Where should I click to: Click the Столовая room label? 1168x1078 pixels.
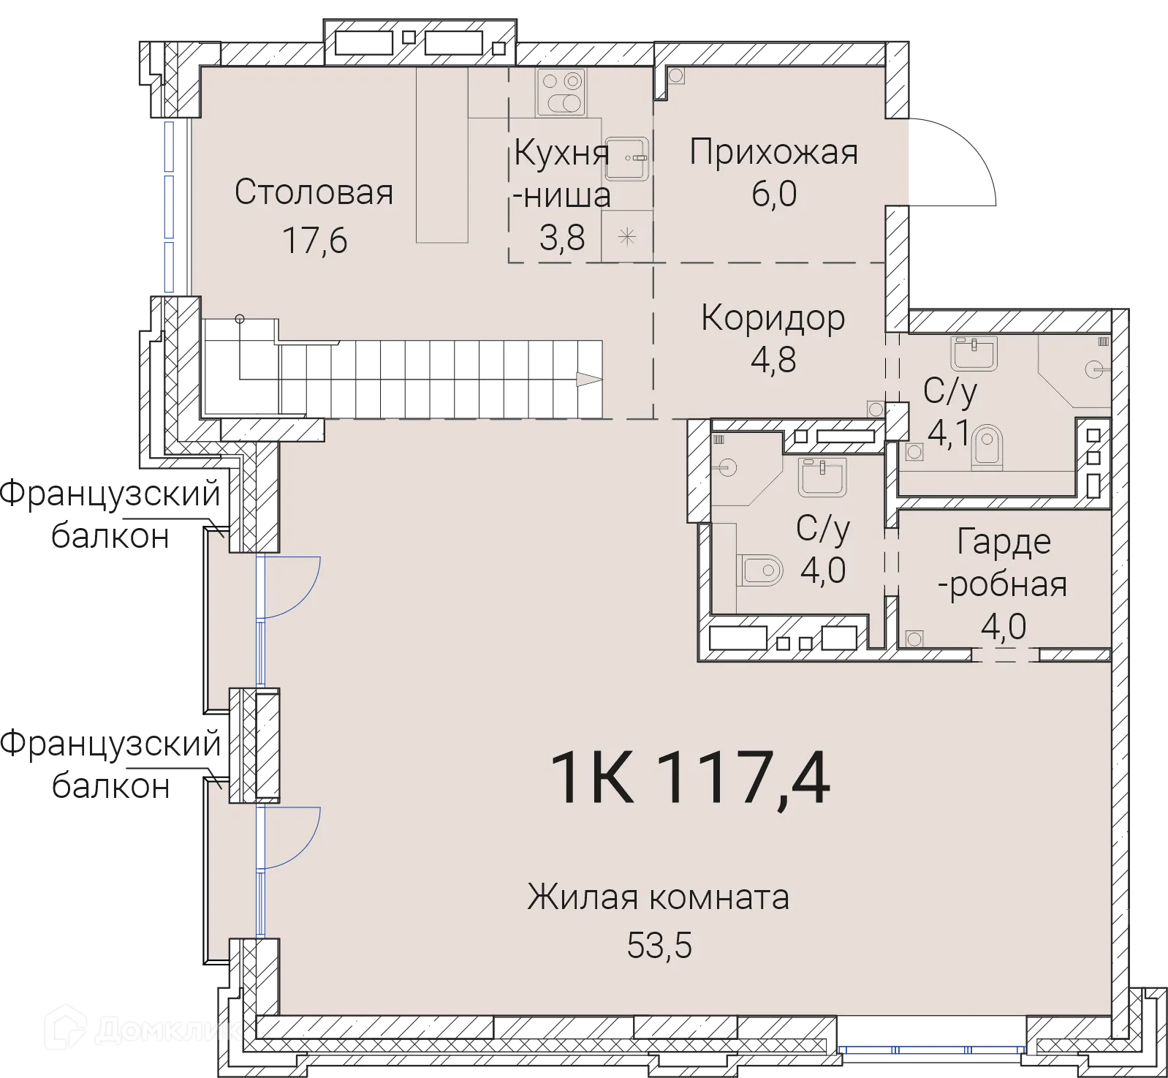tap(314, 192)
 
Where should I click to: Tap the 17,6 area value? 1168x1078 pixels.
tap(314, 240)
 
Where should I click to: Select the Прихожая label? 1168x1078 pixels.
tap(773, 153)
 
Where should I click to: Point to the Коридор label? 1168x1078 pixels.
tap(773, 318)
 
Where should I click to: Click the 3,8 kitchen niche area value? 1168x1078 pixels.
tap(562, 238)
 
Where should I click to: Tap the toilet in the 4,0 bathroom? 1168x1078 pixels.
tap(759, 569)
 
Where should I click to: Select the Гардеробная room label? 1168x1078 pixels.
tap(1004, 562)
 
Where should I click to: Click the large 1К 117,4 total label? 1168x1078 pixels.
tap(689, 779)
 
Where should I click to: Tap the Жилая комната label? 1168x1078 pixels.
tap(658, 897)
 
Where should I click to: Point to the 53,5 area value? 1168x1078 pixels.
tap(659, 945)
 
